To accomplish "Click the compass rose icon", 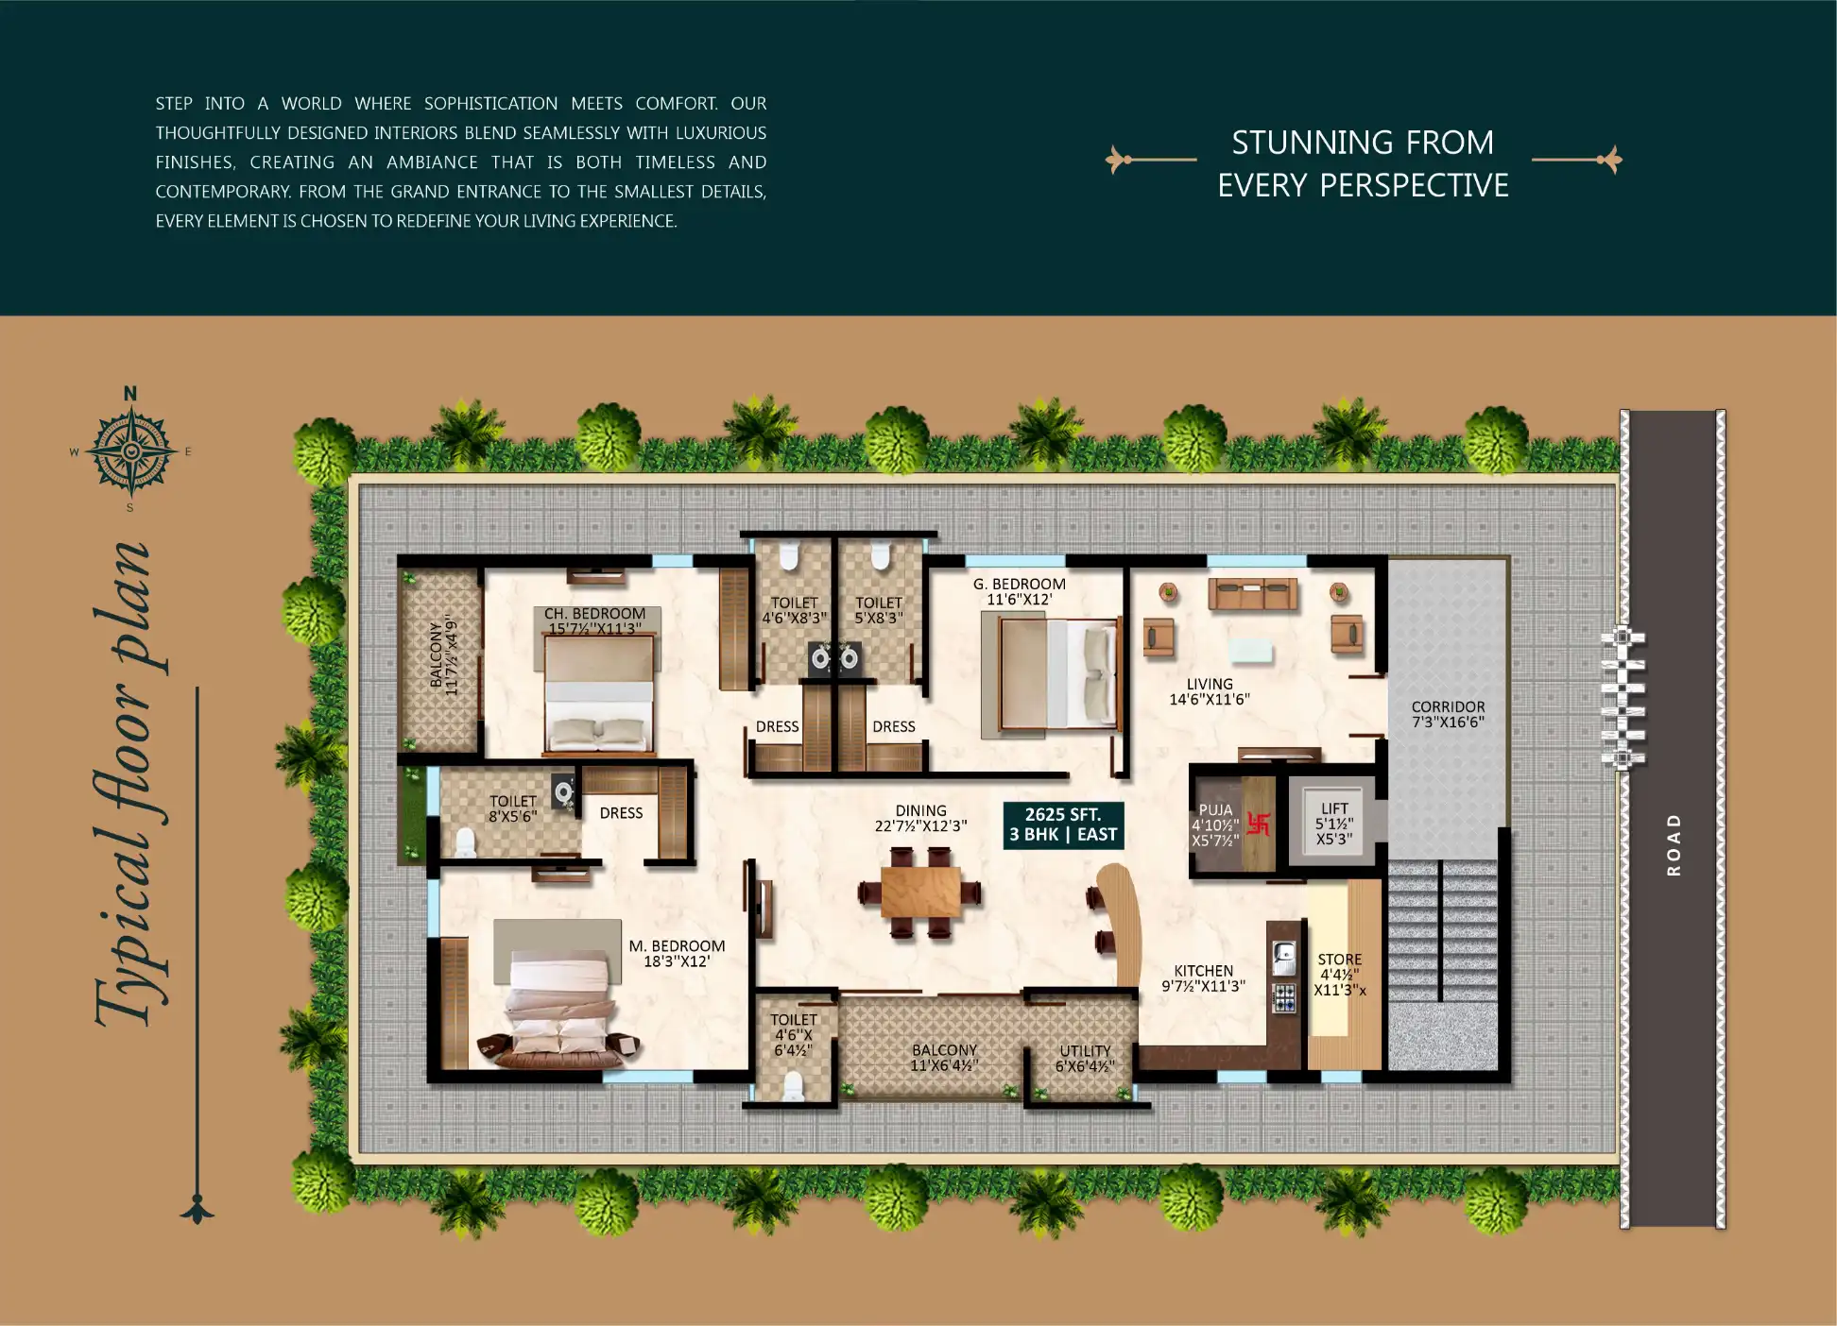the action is click(x=131, y=451).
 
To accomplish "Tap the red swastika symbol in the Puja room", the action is click(x=1258, y=824).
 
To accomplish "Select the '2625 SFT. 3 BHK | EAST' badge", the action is click(x=1063, y=824).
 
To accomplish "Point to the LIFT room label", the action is click(x=1334, y=824).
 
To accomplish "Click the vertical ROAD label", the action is click(x=1674, y=844).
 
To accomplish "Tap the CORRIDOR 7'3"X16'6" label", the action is click(x=1448, y=714).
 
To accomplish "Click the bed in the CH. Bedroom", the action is click(x=599, y=694).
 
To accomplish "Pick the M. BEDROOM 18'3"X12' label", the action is click(x=677, y=953).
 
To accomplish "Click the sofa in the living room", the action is click(x=1253, y=594).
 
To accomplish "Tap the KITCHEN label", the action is click(x=1203, y=977).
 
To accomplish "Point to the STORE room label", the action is click(x=1339, y=974).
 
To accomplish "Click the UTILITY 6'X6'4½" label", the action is click(x=1085, y=1058).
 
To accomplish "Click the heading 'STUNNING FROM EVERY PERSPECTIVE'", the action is click(x=1363, y=163).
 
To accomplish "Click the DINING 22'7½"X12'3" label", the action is click(x=920, y=818).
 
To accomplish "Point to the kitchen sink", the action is click(x=1283, y=959).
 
